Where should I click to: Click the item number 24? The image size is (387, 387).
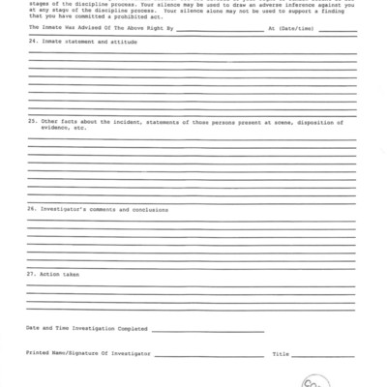click(x=31, y=44)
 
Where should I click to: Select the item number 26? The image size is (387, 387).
click(x=31, y=209)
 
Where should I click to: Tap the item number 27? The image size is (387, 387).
click(x=31, y=274)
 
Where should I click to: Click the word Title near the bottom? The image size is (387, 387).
click(x=281, y=355)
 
